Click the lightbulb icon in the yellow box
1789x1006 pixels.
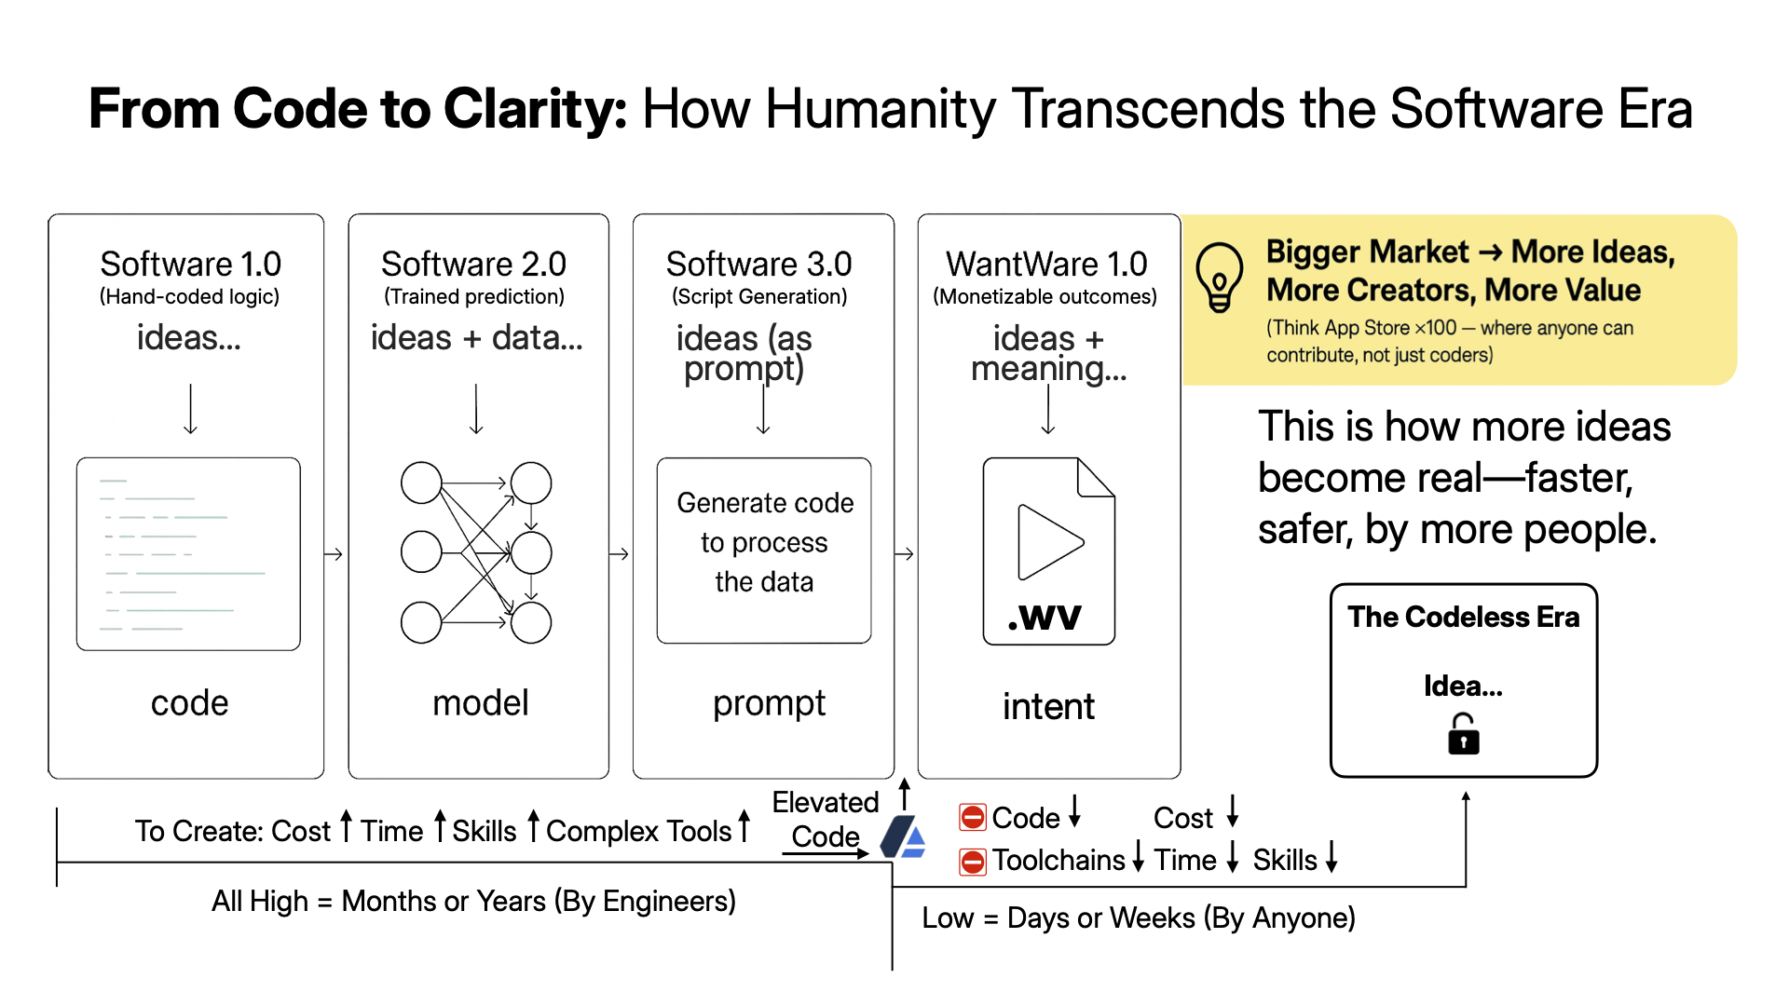click(x=1219, y=277)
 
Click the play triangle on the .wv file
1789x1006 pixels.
click(x=1049, y=541)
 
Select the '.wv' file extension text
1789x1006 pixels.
click(x=1045, y=616)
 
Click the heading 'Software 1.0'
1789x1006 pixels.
click(x=190, y=264)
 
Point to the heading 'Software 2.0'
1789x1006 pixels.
click(x=473, y=264)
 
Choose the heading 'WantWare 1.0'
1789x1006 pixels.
click(x=1046, y=264)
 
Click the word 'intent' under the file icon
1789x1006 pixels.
click(x=1048, y=706)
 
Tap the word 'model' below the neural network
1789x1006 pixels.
click(x=480, y=702)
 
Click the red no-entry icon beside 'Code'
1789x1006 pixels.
click(x=972, y=818)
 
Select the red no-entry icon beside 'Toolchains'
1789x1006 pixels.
click(x=972, y=862)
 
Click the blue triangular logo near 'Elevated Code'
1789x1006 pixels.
click(x=903, y=836)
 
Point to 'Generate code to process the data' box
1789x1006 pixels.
click(x=764, y=550)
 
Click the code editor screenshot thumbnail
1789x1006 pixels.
click(x=188, y=553)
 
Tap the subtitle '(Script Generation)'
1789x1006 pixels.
click(x=759, y=296)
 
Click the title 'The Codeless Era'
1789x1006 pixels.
click(x=1463, y=617)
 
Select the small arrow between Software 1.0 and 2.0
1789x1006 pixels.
click(x=334, y=554)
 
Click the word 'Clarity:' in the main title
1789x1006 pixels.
click(x=536, y=109)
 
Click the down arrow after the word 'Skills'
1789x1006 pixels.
click(x=1332, y=856)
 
